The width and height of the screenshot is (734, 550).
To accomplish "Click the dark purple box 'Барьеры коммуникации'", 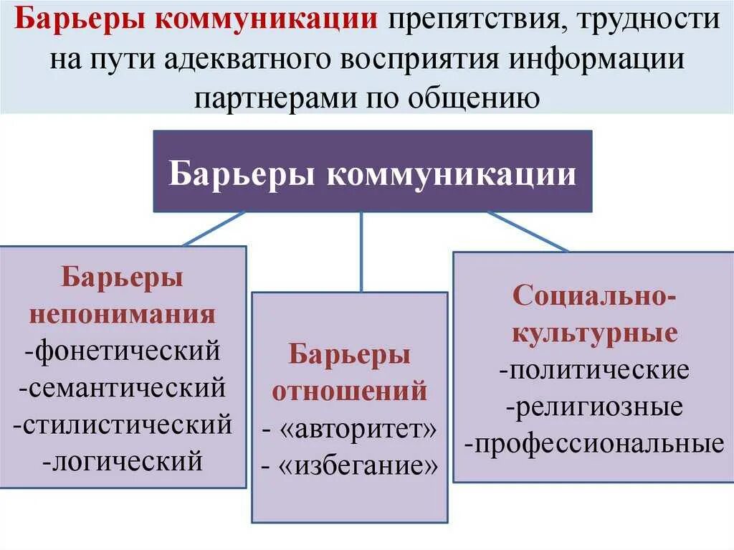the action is click(373, 171).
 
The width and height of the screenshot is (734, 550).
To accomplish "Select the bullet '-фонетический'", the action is click(121, 352).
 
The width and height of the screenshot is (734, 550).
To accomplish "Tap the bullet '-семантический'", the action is click(123, 389).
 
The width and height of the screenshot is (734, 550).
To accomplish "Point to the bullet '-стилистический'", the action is click(123, 425).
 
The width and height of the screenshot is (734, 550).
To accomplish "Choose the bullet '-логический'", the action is click(123, 460).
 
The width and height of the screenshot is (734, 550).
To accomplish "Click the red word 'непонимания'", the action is click(122, 314).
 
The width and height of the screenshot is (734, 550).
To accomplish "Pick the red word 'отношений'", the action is click(350, 392).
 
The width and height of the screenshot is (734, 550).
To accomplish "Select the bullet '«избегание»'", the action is click(350, 467).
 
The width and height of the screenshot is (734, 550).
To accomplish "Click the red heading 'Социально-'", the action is click(594, 295).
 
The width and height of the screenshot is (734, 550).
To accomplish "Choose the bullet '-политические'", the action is click(594, 371).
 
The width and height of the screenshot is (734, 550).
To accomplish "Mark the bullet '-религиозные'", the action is click(594, 408).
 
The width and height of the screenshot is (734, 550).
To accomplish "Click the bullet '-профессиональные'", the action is click(594, 445).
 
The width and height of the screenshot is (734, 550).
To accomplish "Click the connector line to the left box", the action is click(214, 229).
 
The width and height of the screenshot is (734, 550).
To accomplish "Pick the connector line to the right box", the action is click(528, 232).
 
